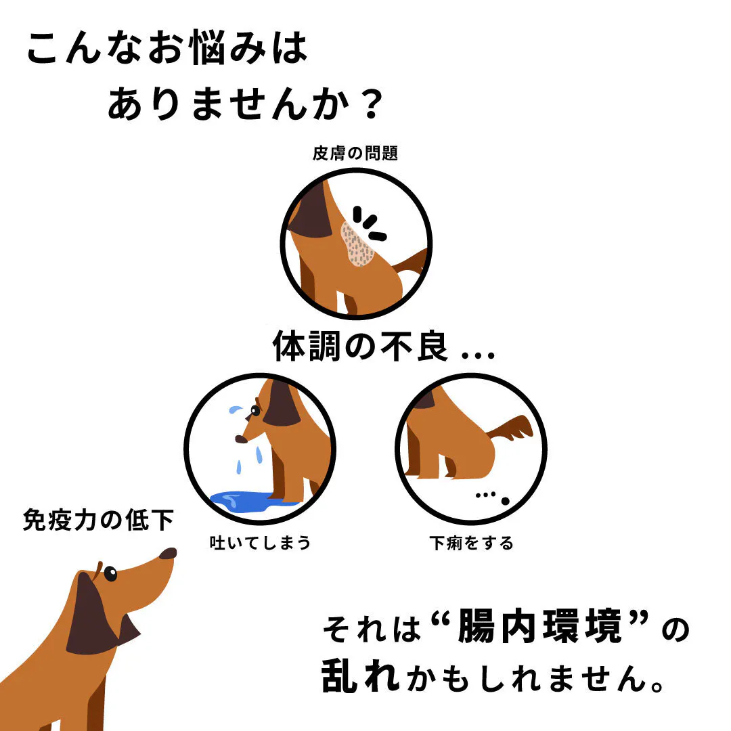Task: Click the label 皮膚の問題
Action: coord(355,153)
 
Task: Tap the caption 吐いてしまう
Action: coord(260,543)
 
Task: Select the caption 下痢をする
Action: coord(471,543)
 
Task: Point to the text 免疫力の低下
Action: coord(98,520)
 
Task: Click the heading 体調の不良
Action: coord(360,346)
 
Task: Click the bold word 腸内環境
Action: coord(540,626)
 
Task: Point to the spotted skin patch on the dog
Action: coord(357,244)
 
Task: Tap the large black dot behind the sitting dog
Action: coord(505,501)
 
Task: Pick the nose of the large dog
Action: coord(168,554)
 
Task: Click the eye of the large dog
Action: coord(110,573)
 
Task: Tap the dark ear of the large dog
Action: coord(91,615)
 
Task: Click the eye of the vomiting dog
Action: coord(255,411)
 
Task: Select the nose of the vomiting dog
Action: coord(240,439)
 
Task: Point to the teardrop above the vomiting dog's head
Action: coord(236,409)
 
